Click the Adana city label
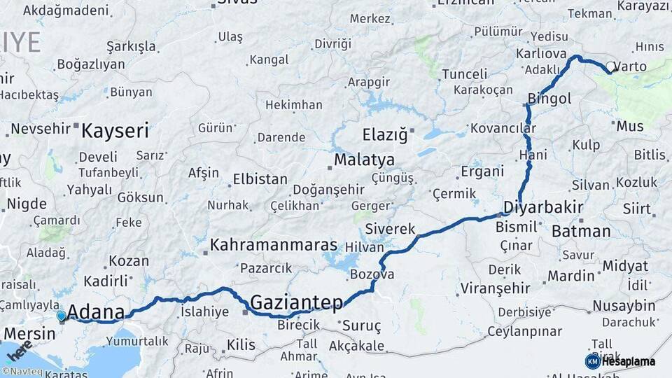point(97,312)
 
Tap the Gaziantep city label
point(296,302)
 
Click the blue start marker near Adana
point(62,316)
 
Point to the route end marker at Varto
point(610,69)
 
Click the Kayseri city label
point(115,130)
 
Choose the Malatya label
point(364,160)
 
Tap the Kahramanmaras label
point(274,246)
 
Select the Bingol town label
point(549,99)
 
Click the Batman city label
point(581,231)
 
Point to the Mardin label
point(570,276)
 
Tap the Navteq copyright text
point(23,372)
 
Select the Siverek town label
point(390,230)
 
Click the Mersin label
point(29,333)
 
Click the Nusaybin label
point(624,306)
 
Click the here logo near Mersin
point(19,350)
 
